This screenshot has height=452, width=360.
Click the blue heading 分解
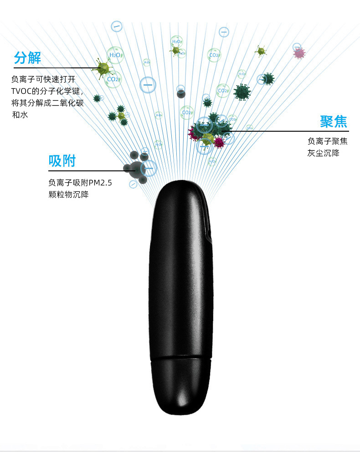27,58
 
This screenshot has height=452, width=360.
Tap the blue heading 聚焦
333,122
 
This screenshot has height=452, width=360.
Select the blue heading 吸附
62,161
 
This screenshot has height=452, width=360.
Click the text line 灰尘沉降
323,153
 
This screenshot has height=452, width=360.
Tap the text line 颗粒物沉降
68,195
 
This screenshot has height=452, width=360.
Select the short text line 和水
20,115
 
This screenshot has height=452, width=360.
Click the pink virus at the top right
299,53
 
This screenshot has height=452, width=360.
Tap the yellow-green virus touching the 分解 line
104,68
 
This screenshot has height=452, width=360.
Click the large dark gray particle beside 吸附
135,170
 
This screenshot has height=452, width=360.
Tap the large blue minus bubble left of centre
148,84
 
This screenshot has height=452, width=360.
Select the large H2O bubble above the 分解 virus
115,55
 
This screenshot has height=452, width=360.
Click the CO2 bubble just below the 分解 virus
113,79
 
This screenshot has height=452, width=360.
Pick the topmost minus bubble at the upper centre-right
224,32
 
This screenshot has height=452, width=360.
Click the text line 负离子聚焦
327,141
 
